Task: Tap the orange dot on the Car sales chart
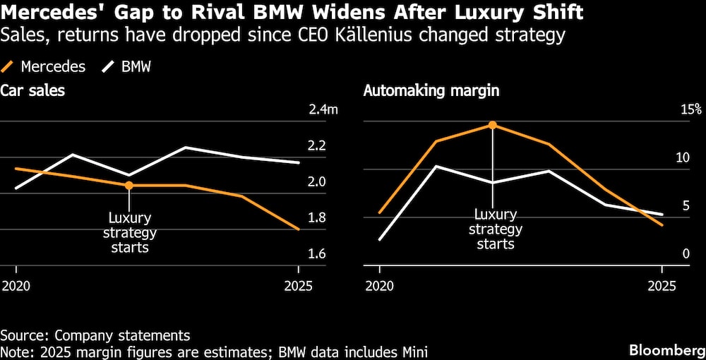pos(128,186)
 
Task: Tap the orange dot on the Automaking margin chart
pos(493,125)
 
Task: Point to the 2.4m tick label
pos(323,109)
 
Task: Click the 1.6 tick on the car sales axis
pos(317,253)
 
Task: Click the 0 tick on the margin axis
pos(684,253)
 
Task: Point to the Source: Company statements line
pos(95,335)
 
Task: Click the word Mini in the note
pos(415,351)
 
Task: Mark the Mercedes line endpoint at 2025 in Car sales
pos(298,229)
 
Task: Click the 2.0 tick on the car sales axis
pos(317,181)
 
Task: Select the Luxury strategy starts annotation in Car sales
pos(129,232)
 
